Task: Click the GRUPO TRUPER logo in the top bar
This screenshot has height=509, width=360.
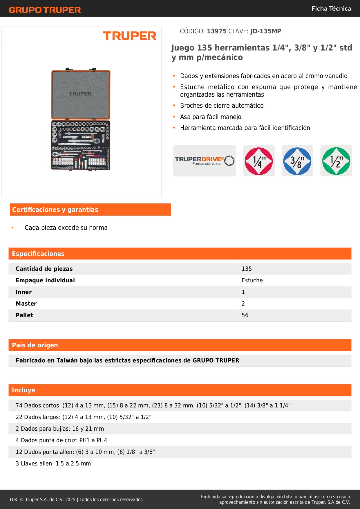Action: point(45,10)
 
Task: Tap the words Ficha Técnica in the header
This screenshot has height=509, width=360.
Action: point(331,9)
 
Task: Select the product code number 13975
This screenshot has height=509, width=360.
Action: point(216,31)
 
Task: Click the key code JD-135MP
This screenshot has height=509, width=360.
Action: point(266,31)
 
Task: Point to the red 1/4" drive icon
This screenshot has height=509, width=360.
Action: point(259,161)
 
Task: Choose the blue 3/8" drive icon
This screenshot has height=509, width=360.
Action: point(297,161)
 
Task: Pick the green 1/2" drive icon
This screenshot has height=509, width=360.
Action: point(336,161)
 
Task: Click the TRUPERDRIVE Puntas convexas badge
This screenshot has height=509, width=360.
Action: point(205,161)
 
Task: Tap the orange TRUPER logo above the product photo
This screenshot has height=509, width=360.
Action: point(130,36)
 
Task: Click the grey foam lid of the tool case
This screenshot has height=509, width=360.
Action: point(81,94)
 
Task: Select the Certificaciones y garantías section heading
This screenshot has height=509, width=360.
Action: point(55,210)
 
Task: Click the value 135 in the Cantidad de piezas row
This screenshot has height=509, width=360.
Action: point(247,269)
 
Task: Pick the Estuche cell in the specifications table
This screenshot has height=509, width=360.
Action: point(252,281)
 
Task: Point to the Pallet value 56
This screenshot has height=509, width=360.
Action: point(245,315)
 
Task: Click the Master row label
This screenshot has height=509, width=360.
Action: point(26,304)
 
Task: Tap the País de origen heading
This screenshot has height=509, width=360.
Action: point(35,345)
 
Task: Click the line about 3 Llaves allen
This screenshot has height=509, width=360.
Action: point(53,464)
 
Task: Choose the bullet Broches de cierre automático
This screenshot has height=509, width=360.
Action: point(222,106)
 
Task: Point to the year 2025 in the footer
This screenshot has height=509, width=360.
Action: point(70,500)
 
